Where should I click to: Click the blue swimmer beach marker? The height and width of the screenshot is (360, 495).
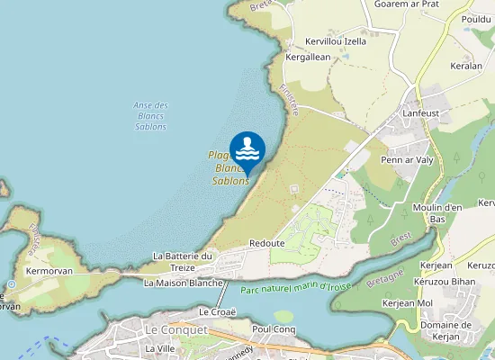click(247, 148)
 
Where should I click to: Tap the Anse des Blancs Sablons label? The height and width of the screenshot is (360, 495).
click(150, 116)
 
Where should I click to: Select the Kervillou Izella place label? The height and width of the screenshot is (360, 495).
click(336, 40)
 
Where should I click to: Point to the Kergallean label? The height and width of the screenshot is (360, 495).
click(308, 57)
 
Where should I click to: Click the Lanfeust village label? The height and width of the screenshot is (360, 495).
click(422, 112)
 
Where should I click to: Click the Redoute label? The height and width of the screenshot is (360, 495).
click(266, 244)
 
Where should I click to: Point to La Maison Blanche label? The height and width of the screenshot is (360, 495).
click(184, 283)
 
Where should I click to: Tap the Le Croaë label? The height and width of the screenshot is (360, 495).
click(216, 311)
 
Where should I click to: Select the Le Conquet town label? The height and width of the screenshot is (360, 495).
click(176, 330)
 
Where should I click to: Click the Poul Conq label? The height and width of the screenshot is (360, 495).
click(274, 329)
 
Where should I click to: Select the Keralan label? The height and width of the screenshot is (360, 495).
click(466, 67)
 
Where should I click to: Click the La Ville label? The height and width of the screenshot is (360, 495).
click(159, 348)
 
